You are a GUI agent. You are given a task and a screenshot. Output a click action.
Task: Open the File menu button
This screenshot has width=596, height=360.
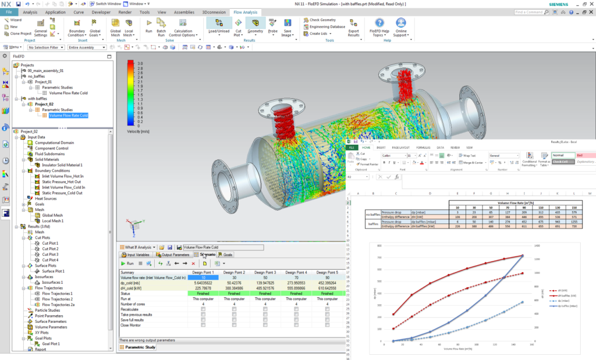pos(9,12)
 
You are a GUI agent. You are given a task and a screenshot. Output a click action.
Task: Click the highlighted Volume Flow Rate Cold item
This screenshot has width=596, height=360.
pos(68,115)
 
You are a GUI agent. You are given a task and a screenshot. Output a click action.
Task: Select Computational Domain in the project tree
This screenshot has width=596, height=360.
pos(54,142)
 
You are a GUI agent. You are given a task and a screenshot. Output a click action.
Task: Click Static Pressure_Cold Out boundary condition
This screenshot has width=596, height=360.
pos(64,193)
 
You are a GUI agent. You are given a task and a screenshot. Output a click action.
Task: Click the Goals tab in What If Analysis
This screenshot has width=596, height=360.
pos(225,255)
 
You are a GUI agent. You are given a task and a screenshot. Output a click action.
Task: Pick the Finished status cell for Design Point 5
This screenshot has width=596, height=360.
pos(328,294)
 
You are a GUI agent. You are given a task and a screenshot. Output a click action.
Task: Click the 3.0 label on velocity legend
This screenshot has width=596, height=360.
pos(140,63)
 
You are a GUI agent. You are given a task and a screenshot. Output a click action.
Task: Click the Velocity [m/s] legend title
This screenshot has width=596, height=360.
pos(137,132)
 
